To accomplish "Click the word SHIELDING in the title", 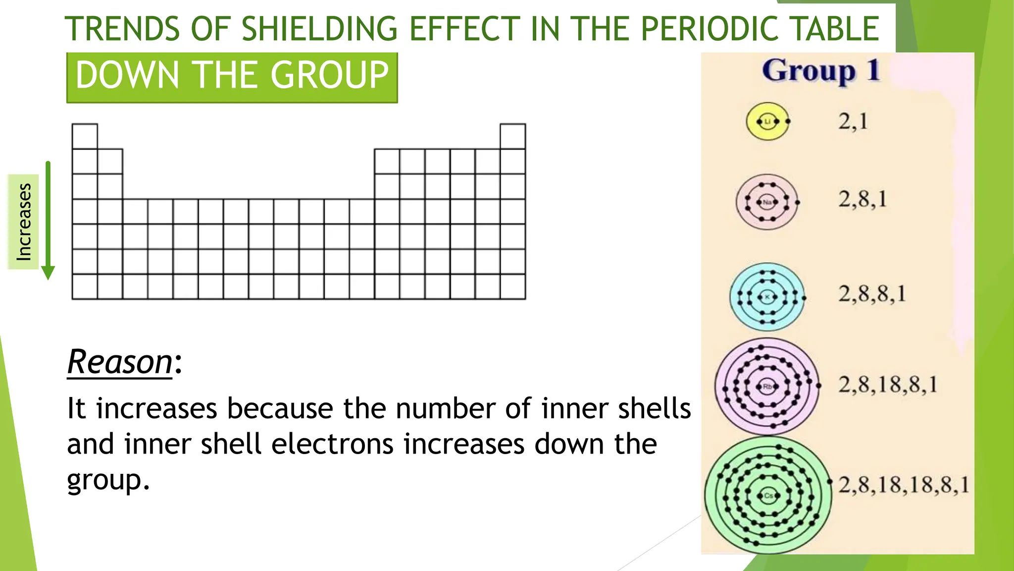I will click(319, 29).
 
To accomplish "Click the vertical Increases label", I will click(24, 222).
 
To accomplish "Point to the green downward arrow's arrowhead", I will click(48, 273).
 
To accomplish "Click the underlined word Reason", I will click(120, 362).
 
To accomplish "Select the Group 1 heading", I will click(820, 70).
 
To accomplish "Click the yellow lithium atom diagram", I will click(767, 121).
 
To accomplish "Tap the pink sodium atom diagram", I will click(767, 202).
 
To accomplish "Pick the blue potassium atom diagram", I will click(767, 297).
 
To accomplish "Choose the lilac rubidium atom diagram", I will click(767, 387).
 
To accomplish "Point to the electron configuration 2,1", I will click(853, 121).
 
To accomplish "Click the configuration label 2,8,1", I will click(862, 199).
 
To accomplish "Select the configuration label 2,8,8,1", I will click(871, 294).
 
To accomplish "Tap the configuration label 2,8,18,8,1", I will click(887, 385).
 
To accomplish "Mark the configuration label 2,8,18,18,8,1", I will click(903, 485).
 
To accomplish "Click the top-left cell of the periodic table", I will click(85, 136).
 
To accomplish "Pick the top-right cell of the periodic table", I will click(512, 136).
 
